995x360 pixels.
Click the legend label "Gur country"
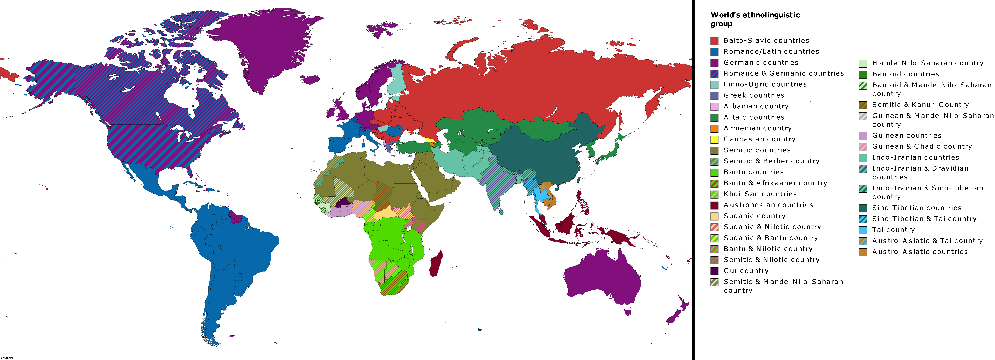click(746, 271)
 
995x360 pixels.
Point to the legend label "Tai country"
click(893, 230)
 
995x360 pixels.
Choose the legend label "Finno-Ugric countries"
click(765, 84)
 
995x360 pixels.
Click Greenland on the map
click(267, 46)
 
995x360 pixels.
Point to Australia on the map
click(603, 278)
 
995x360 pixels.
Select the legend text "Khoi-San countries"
click(760, 194)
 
